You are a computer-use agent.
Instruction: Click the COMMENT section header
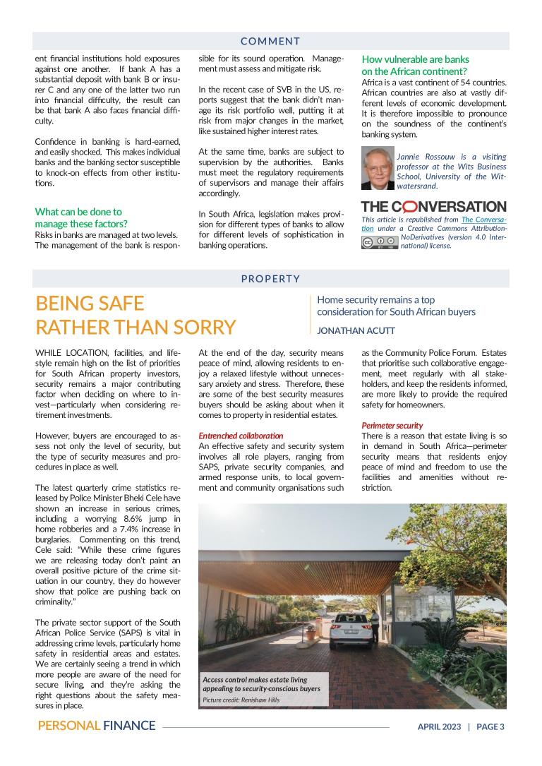[x=270, y=41]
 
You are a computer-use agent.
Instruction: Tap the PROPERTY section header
[x=270, y=279]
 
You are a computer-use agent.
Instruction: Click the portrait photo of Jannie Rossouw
[x=377, y=169]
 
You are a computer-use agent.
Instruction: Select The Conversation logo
[x=433, y=207]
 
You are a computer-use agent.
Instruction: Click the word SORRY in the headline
[x=205, y=328]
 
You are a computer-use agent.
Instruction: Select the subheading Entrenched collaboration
[x=231, y=436]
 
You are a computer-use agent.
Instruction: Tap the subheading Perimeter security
[x=392, y=426]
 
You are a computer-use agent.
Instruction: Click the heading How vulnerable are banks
[x=415, y=59]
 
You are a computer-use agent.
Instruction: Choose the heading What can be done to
[x=78, y=211]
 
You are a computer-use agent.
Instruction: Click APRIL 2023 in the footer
[x=438, y=726]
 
